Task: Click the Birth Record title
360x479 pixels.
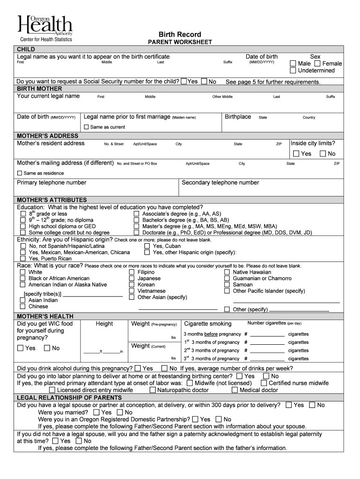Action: pyautogui.click(x=180, y=35)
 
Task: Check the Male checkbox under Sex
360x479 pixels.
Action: pyautogui.click(x=293, y=64)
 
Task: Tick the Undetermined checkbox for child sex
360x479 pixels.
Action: pyautogui.click(x=293, y=71)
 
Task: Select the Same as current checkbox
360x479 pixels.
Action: pyautogui.click(x=86, y=127)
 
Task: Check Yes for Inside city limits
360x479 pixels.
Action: pyautogui.click(x=296, y=154)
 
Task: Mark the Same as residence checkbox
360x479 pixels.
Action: pyautogui.click(x=20, y=173)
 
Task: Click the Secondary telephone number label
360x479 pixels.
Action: pyautogui.click(x=220, y=182)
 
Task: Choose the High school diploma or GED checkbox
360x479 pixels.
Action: pyautogui.click(x=23, y=226)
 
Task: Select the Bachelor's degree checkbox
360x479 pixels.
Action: pyautogui.click(x=137, y=220)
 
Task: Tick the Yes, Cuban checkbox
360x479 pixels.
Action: pyautogui.click(x=147, y=246)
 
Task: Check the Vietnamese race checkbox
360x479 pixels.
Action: pyautogui.click(x=132, y=291)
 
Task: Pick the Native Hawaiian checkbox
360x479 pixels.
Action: pyautogui.click(x=227, y=272)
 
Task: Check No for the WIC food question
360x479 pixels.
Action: pyautogui.click(x=47, y=348)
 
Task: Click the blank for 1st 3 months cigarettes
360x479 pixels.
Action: pyautogui.click(x=267, y=342)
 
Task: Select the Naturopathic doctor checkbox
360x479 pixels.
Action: pyautogui.click(x=152, y=390)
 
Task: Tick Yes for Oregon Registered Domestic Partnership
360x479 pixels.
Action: pyautogui.click(x=195, y=420)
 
